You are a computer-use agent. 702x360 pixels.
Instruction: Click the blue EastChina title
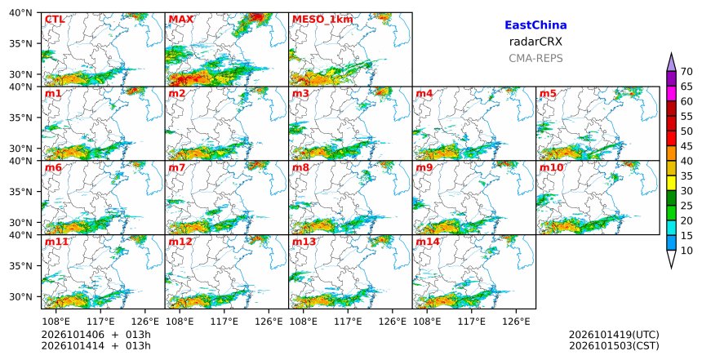coord(535,25)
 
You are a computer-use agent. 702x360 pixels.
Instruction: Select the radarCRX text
coord(535,42)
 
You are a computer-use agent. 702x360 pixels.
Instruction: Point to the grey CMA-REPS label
coord(535,58)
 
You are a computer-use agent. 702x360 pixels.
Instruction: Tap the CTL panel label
coord(55,20)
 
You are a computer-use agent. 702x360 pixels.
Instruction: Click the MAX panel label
coord(181,20)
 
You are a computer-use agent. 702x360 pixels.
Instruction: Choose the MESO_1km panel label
coord(322,20)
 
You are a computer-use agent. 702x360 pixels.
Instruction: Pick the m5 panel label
coord(548,94)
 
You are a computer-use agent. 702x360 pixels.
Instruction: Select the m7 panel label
coord(177,167)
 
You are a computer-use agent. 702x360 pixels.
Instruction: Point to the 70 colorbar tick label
coord(686,72)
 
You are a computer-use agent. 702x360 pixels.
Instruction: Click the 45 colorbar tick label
coord(686,146)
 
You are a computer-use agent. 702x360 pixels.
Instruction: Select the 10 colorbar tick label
coord(686,251)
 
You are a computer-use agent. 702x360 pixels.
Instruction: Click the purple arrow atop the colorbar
coord(671,63)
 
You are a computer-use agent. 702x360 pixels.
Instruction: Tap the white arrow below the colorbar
coord(671,259)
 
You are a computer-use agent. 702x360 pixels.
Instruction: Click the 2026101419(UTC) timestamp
coord(614,335)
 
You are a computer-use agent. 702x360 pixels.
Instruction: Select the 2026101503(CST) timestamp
coord(614,345)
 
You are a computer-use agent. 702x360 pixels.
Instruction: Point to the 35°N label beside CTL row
coord(20,43)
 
